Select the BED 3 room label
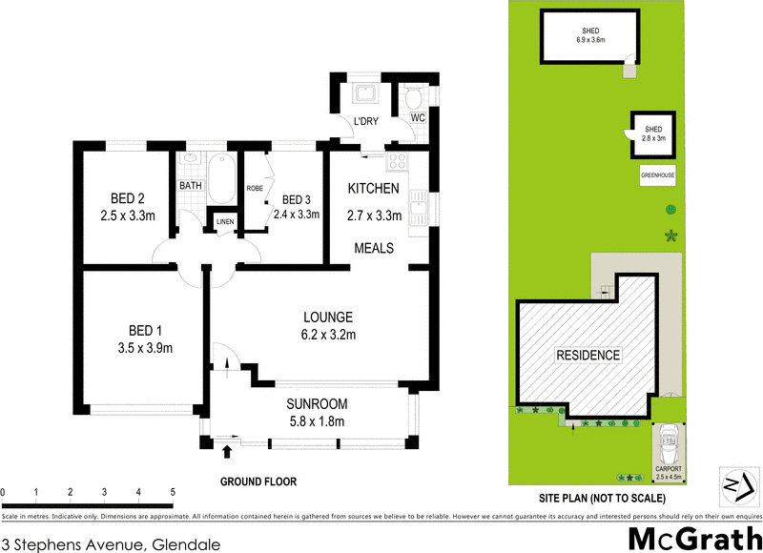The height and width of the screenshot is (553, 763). (x=295, y=198)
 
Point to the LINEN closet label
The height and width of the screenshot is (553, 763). (x=225, y=222)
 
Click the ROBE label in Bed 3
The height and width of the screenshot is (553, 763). (x=255, y=189)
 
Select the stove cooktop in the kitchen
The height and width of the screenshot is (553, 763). (x=397, y=161)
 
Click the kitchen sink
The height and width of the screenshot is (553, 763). (x=418, y=203)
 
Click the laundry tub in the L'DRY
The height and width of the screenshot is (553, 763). (x=363, y=94)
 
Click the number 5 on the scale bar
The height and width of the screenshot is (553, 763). (x=173, y=492)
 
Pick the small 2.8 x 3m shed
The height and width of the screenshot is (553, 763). (x=653, y=133)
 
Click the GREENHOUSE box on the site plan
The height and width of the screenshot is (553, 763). (x=657, y=175)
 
